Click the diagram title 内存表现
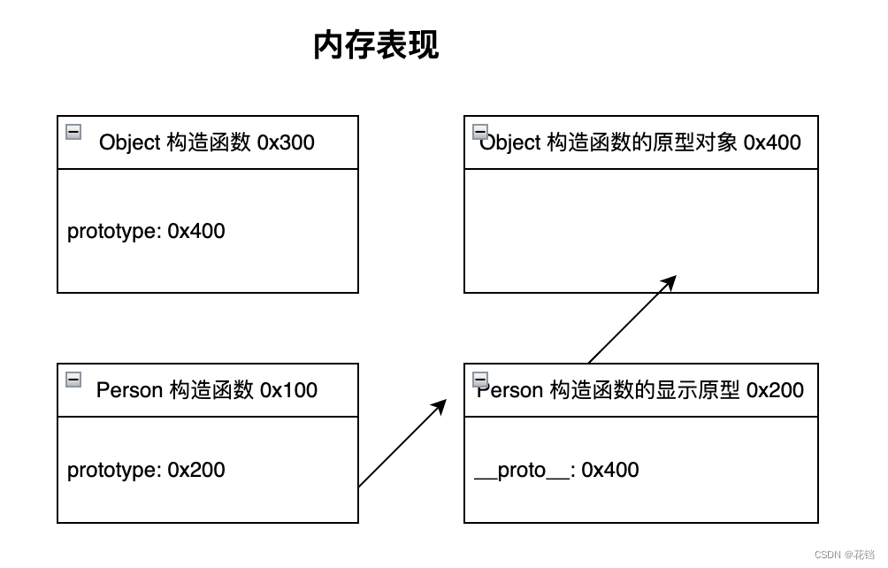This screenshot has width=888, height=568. click(376, 45)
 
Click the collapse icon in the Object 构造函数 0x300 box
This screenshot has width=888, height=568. click(74, 132)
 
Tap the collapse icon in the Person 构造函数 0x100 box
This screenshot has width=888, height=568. click(74, 380)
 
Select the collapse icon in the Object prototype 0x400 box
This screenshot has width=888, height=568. click(480, 132)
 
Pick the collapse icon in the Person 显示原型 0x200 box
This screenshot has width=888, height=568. click(480, 380)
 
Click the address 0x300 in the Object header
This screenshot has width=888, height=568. click(286, 142)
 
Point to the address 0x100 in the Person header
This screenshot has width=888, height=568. click(288, 390)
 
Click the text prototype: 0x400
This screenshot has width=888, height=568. click(146, 231)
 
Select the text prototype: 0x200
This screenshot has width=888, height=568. click(146, 470)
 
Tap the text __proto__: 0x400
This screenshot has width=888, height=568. click(556, 470)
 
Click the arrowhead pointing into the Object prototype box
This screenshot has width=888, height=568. click(670, 281)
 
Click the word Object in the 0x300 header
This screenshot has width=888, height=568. click(129, 142)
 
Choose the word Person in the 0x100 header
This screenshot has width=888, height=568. click(129, 390)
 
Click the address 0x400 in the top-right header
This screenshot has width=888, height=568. click(772, 142)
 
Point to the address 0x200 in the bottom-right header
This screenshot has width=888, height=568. click(775, 390)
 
